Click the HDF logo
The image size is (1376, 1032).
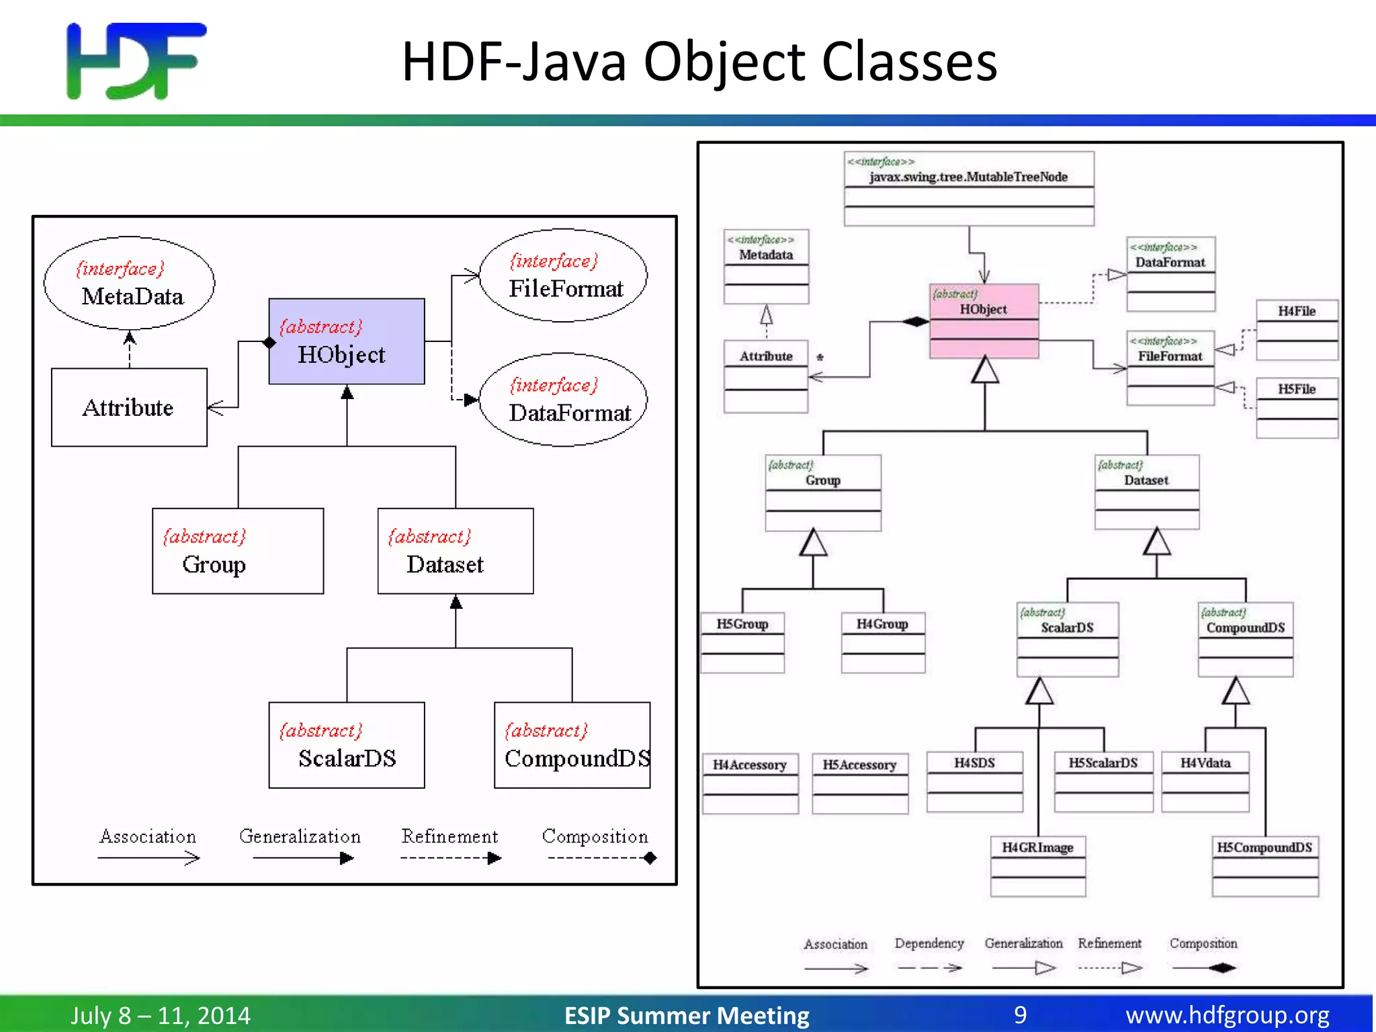tap(136, 60)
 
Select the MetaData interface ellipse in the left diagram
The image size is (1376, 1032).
tap(129, 283)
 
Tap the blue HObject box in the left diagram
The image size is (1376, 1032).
tap(346, 341)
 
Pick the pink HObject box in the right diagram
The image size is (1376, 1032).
tap(984, 320)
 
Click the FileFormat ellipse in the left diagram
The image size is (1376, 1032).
tap(563, 275)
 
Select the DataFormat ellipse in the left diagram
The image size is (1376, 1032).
tap(563, 400)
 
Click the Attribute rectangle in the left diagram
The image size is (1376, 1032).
tap(129, 407)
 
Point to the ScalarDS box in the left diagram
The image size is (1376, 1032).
tap(346, 745)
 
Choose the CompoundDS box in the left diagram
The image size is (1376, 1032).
tap(572, 745)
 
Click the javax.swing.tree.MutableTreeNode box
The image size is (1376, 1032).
tap(968, 188)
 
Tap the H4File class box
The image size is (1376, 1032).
tap(1297, 330)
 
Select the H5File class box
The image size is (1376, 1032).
tap(1297, 408)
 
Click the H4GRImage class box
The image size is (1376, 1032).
tap(1037, 866)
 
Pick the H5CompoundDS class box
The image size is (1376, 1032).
tap(1264, 866)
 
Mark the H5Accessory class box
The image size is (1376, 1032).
tap(859, 783)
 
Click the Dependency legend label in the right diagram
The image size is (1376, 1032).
tap(929, 943)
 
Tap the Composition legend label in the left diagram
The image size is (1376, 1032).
tap(595, 836)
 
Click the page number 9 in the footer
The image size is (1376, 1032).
tap(1020, 1015)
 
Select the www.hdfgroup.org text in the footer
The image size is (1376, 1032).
tap(1227, 1015)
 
